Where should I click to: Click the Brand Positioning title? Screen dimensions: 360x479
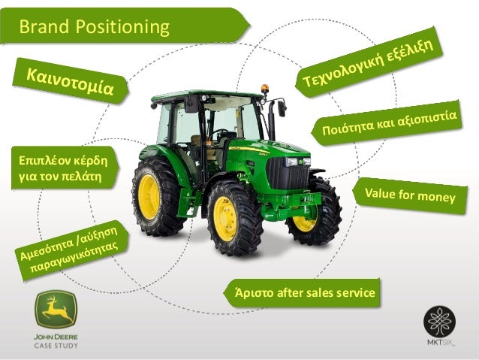94,28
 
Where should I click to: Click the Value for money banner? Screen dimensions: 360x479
410,196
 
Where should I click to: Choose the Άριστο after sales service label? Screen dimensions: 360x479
304,292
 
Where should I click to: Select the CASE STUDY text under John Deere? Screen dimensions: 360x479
56,345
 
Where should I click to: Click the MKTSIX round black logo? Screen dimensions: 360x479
439,321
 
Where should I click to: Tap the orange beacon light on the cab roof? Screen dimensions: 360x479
264,89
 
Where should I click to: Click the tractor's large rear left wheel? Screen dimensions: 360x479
157,197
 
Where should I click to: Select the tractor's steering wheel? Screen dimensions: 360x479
222,134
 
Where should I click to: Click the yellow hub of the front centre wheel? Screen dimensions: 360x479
225,219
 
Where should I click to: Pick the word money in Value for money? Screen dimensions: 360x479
436,197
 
